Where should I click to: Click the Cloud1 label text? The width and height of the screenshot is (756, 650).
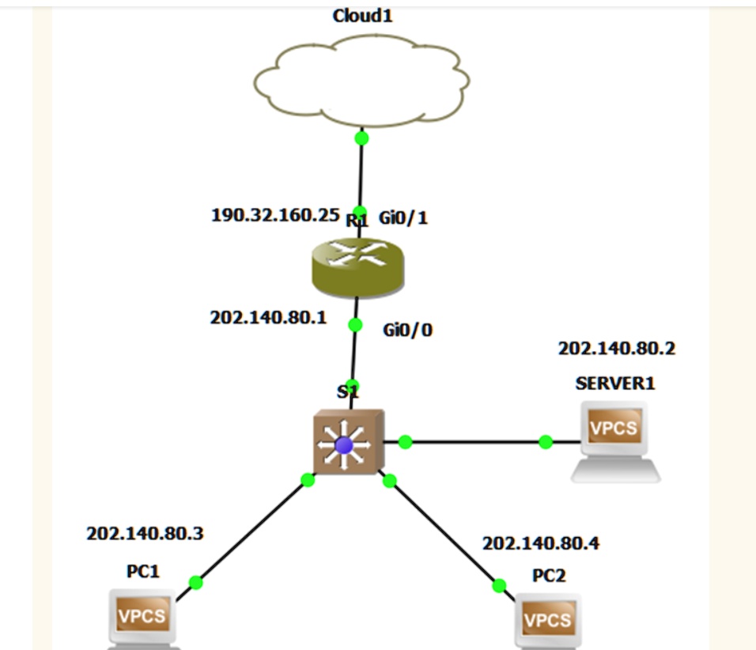[363, 17]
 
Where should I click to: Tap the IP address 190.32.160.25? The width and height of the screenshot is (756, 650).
[275, 216]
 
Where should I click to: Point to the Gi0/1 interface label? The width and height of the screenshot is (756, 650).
[403, 217]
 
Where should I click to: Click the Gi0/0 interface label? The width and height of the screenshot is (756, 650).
[408, 331]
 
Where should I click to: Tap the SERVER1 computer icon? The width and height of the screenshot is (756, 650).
[615, 440]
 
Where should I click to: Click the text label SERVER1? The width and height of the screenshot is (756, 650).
[615, 384]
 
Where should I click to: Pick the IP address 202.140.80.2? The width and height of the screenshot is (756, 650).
[617, 349]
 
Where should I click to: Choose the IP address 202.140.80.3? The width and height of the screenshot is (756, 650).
[145, 534]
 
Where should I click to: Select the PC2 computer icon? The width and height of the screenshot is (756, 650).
[548, 622]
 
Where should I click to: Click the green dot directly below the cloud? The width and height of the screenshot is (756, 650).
[361, 138]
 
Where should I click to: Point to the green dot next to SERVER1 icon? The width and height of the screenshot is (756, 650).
[546, 442]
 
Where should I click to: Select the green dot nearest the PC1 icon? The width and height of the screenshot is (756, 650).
[196, 583]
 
